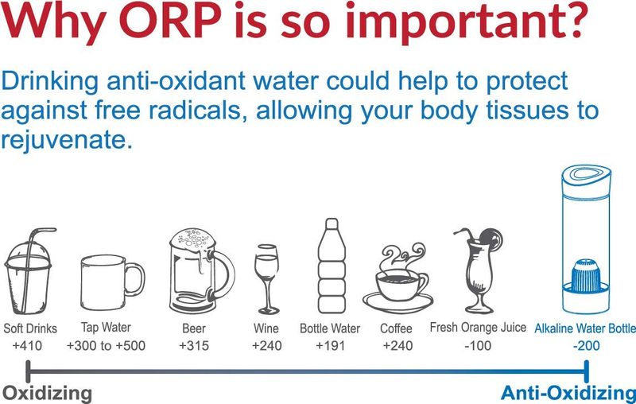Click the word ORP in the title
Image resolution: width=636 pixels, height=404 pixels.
[x=171, y=21]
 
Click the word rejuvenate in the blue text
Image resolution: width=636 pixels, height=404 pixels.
[x=67, y=139]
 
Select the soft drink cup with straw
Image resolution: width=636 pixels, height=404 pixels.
[x=29, y=271]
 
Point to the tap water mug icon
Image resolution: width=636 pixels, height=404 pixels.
[x=112, y=282]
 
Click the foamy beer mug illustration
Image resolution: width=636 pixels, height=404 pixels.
[x=202, y=270]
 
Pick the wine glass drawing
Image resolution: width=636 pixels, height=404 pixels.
[x=267, y=279]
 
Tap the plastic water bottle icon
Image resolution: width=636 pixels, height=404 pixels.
[x=332, y=266]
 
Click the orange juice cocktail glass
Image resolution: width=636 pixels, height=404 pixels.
[x=479, y=270]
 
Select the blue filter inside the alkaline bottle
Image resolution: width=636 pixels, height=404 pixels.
[x=585, y=277]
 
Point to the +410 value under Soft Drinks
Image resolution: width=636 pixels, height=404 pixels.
[x=27, y=346]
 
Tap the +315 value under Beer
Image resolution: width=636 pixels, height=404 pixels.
[x=194, y=346]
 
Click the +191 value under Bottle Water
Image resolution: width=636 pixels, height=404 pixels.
[x=330, y=346]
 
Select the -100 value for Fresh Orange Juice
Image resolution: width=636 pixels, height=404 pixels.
[x=478, y=346]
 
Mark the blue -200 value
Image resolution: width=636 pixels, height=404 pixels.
[x=587, y=346]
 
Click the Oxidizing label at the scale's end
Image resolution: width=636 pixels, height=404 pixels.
[x=47, y=394]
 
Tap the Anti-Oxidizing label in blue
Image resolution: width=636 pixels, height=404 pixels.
[x=568, y=393]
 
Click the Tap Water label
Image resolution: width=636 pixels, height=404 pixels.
[x=106, y=328]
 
